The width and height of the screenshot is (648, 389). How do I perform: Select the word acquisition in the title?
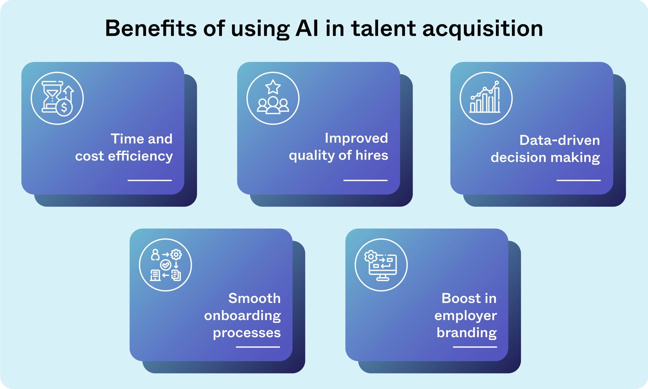tap(483, 29)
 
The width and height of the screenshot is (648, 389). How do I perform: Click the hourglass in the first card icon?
tap(52, 96)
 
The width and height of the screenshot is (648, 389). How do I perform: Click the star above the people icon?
tap(273, 87)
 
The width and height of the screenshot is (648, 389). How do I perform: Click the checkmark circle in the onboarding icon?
tap(166, 265)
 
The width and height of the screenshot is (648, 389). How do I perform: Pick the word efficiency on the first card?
tap(140, 157)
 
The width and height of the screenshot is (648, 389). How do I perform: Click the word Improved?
tap(356, 138)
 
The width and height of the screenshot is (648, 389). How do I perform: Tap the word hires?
tap(372, 155)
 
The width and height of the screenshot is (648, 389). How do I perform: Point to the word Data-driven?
tap(559, 140)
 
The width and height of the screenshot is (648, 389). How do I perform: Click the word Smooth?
tap(254, 298)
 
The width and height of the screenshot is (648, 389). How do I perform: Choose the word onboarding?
tap(242, 316)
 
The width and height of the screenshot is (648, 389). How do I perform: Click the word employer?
tap(465, 316)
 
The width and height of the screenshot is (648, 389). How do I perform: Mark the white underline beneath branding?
tap(475, 347)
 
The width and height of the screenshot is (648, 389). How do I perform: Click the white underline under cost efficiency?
tap(150, 180)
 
